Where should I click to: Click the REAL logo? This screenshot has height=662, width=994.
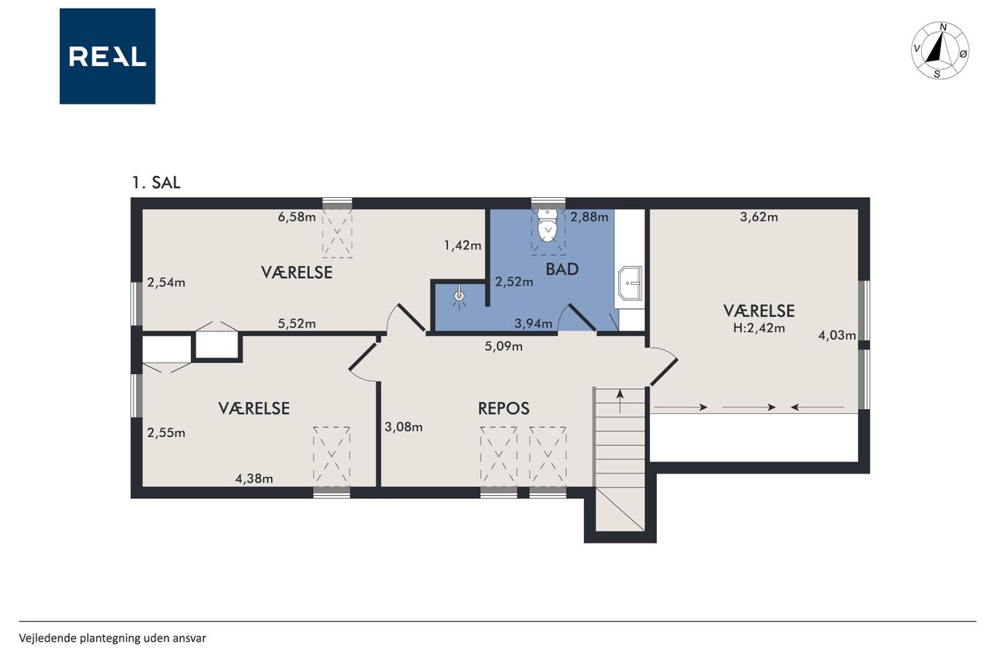[x=107, y=57]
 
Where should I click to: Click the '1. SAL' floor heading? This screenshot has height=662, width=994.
[x=156, y=182]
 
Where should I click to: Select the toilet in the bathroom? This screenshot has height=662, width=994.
[x=547, y=225]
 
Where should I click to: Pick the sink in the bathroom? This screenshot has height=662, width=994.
[x=630, y=283]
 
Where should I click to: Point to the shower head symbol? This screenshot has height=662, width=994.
[x=459, y=296]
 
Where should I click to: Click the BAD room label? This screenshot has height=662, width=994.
[x=561, y=269]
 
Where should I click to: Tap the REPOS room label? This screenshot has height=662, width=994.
[x=504, y=408]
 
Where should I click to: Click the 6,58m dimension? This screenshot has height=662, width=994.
[x=297, y=217]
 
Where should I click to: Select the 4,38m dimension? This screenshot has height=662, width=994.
[x=254, y=479]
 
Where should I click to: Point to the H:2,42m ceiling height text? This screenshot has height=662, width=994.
[x=759, y=328]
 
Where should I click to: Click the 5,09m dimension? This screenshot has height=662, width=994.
[x=504, y=346]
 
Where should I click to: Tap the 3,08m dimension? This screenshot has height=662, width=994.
[x=403, y=427]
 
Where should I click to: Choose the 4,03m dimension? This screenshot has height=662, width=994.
[x=837, y=335]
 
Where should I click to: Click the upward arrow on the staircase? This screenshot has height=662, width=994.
[x=620, y=401]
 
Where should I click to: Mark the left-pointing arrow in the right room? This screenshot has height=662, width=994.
[x=818, y=407]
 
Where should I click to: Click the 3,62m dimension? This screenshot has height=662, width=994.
[x=759, y=217]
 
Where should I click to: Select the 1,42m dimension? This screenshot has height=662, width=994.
[x=463, y=245]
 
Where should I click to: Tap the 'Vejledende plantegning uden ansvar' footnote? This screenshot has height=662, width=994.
[x=113, y=639]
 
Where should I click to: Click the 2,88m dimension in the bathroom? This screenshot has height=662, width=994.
[x=589, y=217]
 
